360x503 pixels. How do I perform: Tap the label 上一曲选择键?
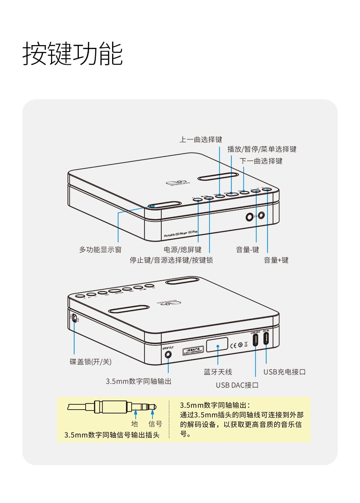click(x=201, y=139)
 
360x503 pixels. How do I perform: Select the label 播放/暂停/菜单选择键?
click(x=262, y=149)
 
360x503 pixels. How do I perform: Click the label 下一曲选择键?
click(x=261, y=161)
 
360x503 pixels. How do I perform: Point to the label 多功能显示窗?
click(x=100, y=250)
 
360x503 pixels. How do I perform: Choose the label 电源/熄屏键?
click(x=182, y=250)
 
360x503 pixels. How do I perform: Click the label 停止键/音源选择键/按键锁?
click(x=171, y=260)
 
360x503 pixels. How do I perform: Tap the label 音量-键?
click(x=247, y=250)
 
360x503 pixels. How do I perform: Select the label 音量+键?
click(x=276, y=260)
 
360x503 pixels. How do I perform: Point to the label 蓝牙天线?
click(x=218, y=372)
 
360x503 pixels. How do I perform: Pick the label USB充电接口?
click(x=284, y=372)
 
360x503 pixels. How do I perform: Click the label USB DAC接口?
click(x=237, y=385)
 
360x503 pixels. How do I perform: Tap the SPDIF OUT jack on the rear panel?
click(x=168, y=354)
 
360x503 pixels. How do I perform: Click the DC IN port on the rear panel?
click(x=266, y=339)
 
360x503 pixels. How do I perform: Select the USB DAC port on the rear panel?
click(x=256, y=339)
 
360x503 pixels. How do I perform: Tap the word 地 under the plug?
click(x=135, y=424)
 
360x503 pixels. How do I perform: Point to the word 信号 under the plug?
click(x=155, y=424)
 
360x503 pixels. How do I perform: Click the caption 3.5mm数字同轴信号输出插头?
click(x=112, y=435)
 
